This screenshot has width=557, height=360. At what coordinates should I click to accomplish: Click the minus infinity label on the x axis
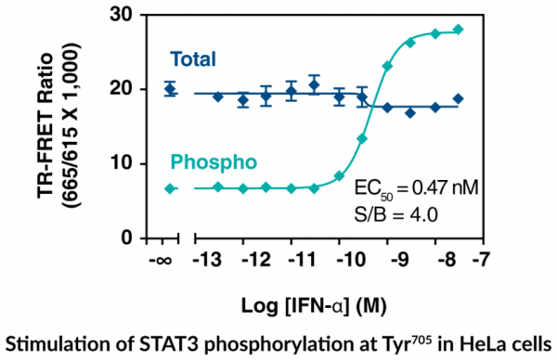coord(160,260)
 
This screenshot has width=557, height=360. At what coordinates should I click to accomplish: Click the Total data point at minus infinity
coord(170,89)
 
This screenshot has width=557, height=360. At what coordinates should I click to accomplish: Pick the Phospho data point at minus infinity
coord(170,188)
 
